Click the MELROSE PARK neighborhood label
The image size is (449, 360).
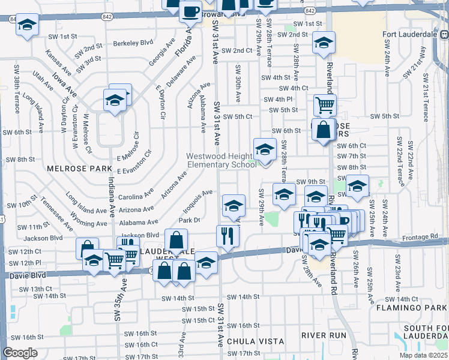[x=76, y=169]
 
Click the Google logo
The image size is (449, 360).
[x=20, y=353]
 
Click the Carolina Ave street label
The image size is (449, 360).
[x=136, y=196]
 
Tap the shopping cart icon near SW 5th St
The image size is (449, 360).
[x=325, y=105]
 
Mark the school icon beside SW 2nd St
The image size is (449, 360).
[x=324, y=43]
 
